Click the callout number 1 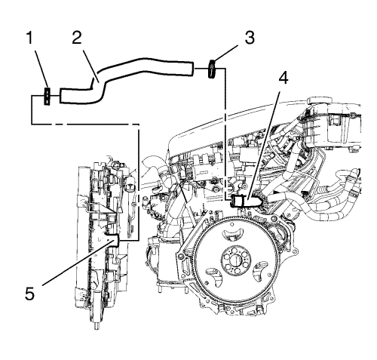pyautogui.click(x=29, y=38)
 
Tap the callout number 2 pyautogui.click(x=77, y=38)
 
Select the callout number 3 pyautogui.click(x=250, y=38)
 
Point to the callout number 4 pyautogui.click(x=283, y=78)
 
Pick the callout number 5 pyautogui.click(x=29, y=294)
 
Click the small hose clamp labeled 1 pyautogui.click(x=47, y=96)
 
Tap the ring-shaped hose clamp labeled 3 pyautogui.click(x=212, y=69)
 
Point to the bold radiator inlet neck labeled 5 pyautogui.click(x=112, y=240)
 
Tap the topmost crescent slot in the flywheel pyautogui.click(x=233, y=234)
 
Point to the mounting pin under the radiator pyautogui.click(x=97, y=326)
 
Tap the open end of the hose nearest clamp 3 pyautogui.click(x=192, y=69)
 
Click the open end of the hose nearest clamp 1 pyautogui.click(x=61, y=96)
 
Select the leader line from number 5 pyautogui.click(x=77, y=263)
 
